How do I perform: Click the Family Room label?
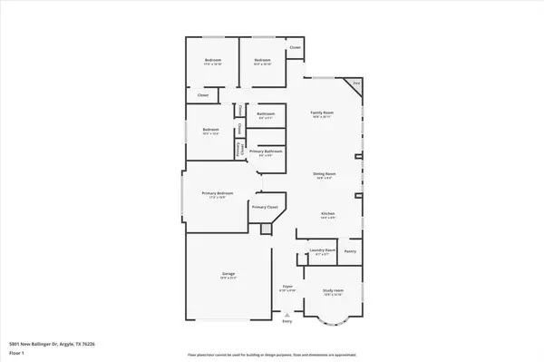[x=322, y=112]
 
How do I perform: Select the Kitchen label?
[x=327, y=214]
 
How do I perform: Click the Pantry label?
[x=350, y=250]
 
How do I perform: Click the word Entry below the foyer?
[x=287, y=322]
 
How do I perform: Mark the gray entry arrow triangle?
[x=287, y=314]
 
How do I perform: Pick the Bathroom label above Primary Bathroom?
[x=267, y=114]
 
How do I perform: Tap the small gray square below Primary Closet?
[x=265, y=229]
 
